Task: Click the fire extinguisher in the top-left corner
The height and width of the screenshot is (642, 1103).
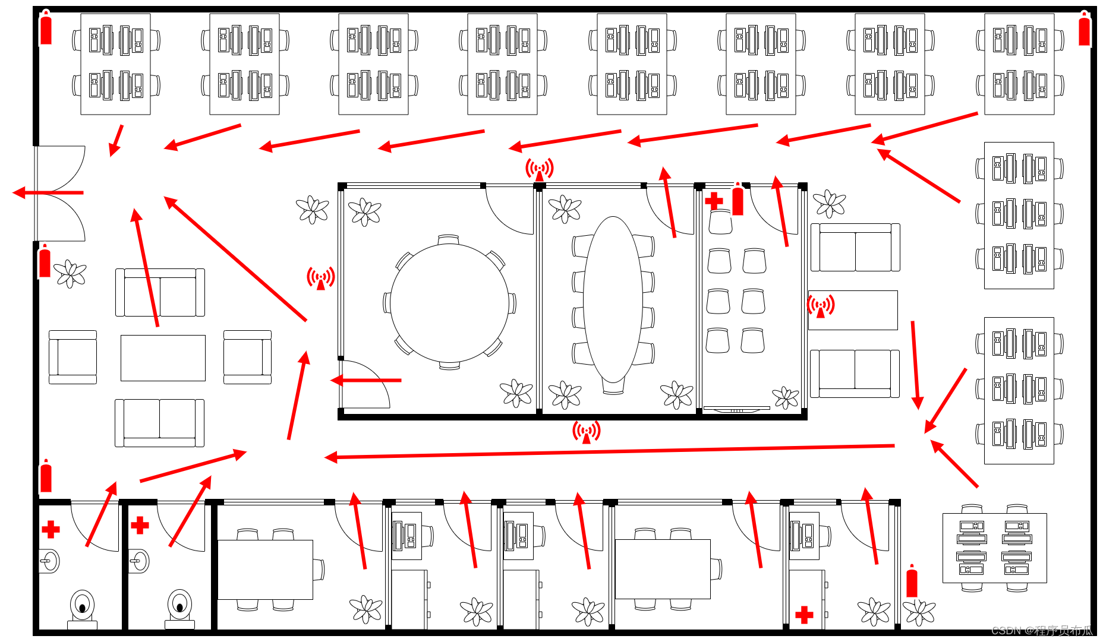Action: [46, 29]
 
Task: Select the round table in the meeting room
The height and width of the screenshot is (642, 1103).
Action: [449, 303]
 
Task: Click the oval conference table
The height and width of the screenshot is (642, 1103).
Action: [613, 300]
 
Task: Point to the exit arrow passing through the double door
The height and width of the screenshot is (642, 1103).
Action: [48, 192]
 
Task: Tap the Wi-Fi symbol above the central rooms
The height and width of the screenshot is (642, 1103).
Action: [539, 169]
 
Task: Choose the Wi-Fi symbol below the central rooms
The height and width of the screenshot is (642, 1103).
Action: [586, 432]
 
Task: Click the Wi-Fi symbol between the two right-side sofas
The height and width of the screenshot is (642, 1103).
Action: [821, 306]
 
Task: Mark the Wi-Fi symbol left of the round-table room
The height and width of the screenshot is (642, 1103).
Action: [321, 278]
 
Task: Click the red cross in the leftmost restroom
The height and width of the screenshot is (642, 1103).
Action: [51, 529]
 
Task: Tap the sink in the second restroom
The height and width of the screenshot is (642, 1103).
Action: [138, 561]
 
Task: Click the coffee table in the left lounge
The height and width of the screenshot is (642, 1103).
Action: [163, 358]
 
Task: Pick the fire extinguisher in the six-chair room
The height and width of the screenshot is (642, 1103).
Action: [738, 200]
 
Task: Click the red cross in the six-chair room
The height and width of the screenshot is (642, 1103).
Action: [714, 201]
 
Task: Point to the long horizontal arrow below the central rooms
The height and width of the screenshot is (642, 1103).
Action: [609, 452]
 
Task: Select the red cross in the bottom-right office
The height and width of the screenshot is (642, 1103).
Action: [804, 615]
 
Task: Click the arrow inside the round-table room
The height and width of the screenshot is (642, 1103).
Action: [366, 380]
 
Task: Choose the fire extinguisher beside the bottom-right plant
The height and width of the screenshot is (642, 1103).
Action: [912, 582]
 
